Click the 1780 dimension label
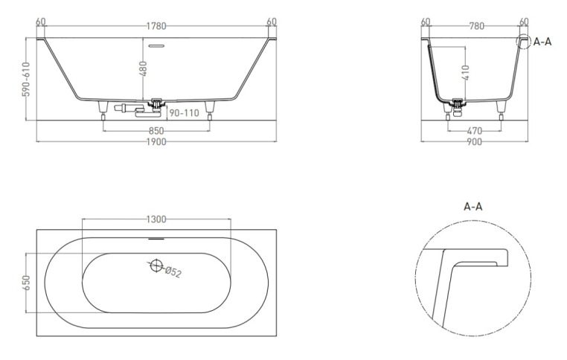pos(156,26)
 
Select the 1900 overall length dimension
pos(156,141)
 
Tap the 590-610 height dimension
pos(26,80)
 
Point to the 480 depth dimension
pos(143,68)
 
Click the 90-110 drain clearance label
pos(185,113)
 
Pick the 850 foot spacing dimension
pos(156,130)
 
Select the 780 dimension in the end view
pos(477,26)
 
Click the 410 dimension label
pos(466,73)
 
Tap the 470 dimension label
pos(475,130)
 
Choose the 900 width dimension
pos(475,141)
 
